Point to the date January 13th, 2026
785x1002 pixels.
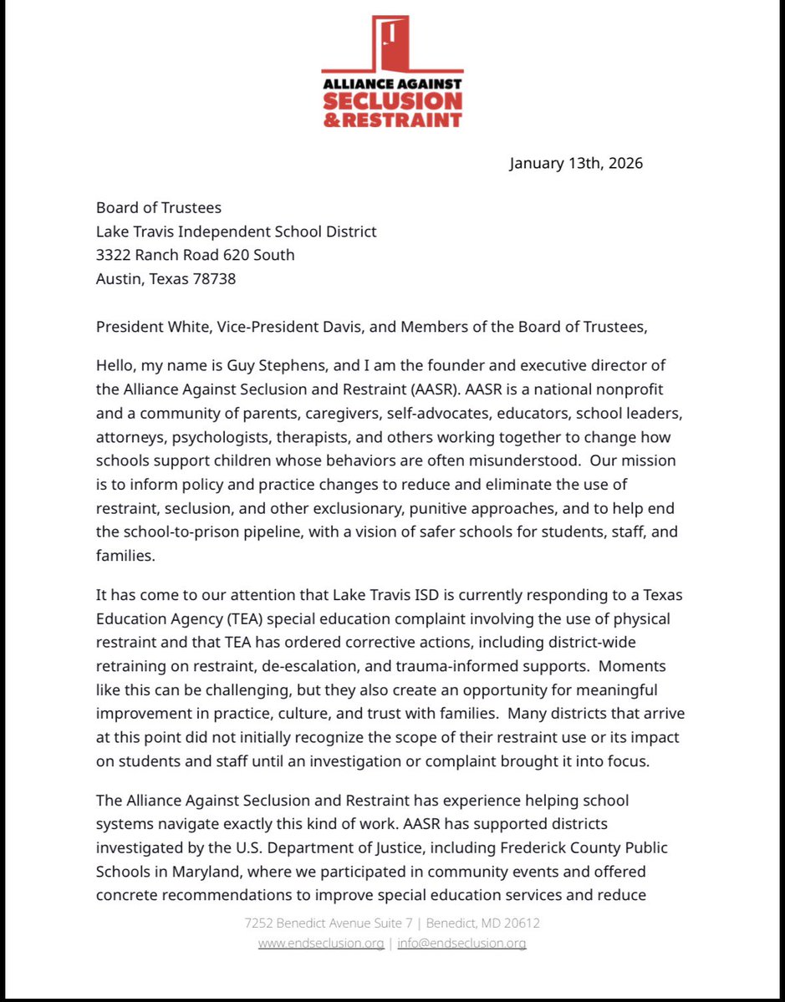click(576, 163)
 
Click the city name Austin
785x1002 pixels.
click(118, 278)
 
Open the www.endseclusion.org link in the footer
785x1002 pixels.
click(320, 944)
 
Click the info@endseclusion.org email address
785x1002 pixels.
click(461, 944)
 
